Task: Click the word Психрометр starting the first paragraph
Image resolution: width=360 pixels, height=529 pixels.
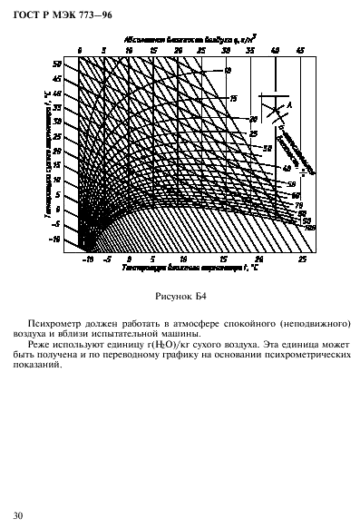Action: click(54, 324)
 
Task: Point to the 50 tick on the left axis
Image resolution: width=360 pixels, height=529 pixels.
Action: click(56, 64)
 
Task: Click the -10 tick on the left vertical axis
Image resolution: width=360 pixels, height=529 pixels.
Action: click(54, 240)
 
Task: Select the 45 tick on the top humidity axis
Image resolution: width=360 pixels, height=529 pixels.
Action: click(299, 52)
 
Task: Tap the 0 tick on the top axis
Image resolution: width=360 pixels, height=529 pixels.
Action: click(80, 52)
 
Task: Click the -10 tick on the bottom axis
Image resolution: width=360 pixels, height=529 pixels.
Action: click(87, 259)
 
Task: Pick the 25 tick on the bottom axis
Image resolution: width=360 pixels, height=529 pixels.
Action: click(302, 259)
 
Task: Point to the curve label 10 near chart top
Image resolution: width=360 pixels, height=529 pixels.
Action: click(227, 70)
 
